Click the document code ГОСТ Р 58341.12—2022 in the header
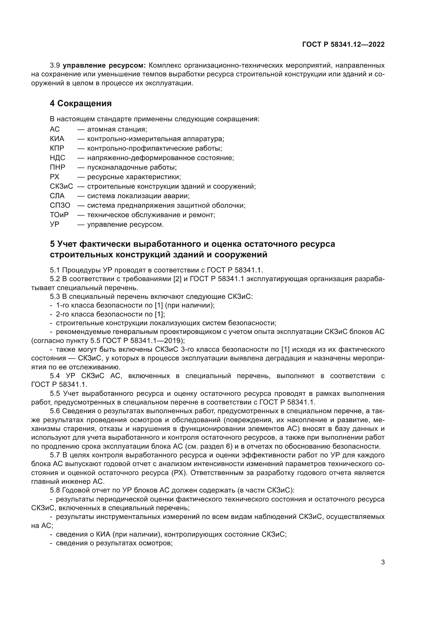[343, 45]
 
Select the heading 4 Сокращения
[81, 103]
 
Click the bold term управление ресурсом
[104, 66]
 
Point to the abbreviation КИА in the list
[57, 139]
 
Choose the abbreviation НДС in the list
[57, 158]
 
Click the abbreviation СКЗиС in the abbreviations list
[61, 186]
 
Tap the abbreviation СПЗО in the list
[60, 205]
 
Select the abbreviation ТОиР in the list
[59, 215]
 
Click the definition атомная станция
[117, 129]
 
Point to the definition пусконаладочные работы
[132, 168]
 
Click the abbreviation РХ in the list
[54, 177]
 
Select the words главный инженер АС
[68, 482]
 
